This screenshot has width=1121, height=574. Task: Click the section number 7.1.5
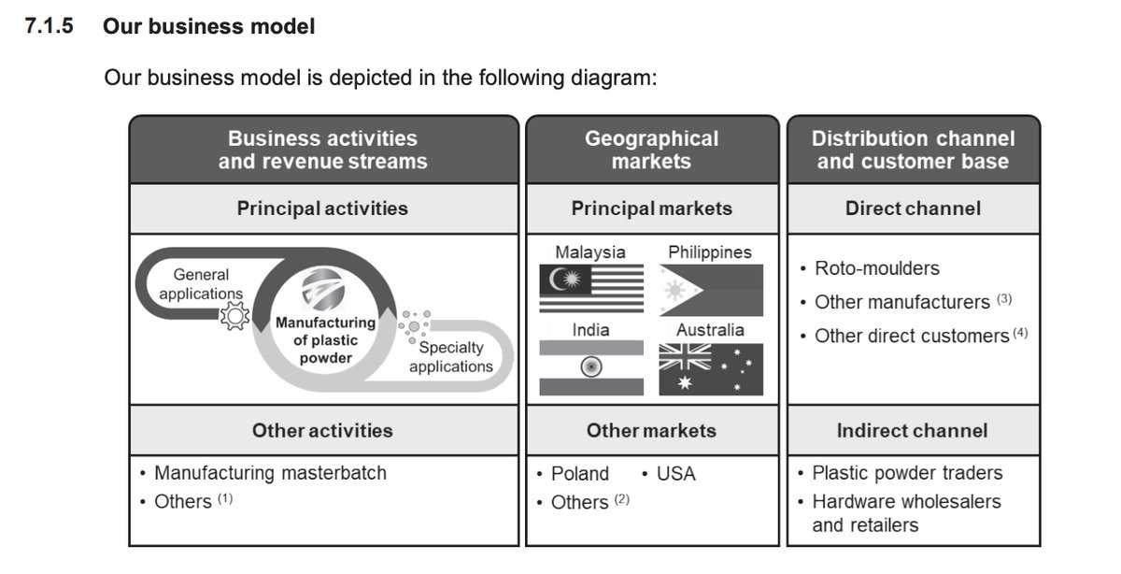pyautogui.click(x=50, y=25)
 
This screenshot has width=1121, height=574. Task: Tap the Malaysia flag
pyautogui.click(x=591, y=289)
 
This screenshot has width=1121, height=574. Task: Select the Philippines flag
pyautogui.click(x=711, y=290)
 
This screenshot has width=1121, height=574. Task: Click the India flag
pyautogui.click(x=591, y=367)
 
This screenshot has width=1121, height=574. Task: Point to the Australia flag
pyautogui.click(x=711, y=369)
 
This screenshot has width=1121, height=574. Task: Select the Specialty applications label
pyautogui.click(x=451, y=356)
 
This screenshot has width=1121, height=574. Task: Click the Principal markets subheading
pyautogui.click(x=651, y=208)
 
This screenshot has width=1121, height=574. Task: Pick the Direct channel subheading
pyautogui.click(x=913, y=208)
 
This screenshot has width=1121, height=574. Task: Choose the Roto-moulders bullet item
pyautogui.click(x=876, y=268)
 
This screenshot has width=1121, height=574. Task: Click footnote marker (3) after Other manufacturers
pyautogui.click(x=1004, y=300)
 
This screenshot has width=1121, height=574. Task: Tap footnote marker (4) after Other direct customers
pyautogui.click(x=1020, y=333)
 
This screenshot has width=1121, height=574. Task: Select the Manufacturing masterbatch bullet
pyautogui.click(x=270, y=473)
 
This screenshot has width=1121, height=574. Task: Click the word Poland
pyautogui.click(x=579, y=474)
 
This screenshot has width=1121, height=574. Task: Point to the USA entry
pyautogui.click(x=675, y=474)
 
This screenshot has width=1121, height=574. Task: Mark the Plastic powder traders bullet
pyautogui.click(x=906, y=473)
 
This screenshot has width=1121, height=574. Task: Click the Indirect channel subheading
pyautogui.click(x=912, y=431)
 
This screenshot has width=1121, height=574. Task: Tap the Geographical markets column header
pyautogui.click(x=651, y=150)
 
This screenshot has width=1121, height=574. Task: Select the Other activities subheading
pyautogui.click(x=322, y=431)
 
